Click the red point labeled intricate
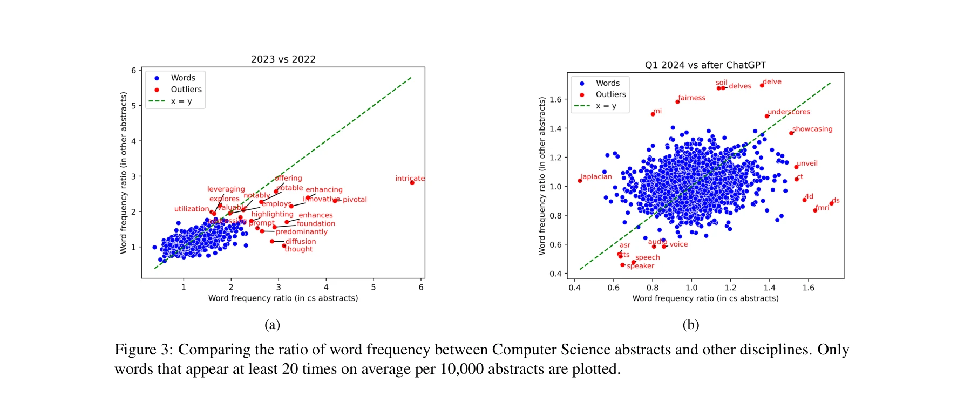pos(412,182)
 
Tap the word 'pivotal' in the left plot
pos(355,200)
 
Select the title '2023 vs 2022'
pos(283,59)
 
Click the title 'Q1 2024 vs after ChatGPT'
pos(705,65)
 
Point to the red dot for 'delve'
pos(762,85)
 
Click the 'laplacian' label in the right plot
pos(596,176)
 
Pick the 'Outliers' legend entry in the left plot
pos(186,90)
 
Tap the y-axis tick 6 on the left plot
pos(133,70)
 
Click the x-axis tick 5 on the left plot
pos(373,287)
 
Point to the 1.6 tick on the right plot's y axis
pos(555,99)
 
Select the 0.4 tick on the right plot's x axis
pos(574,288)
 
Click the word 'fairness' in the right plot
pos(691,98)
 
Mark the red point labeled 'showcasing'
pos(791,133)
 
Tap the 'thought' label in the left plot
pos(298,249)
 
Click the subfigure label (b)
pos(690,324)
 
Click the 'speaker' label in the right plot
pos(640,265)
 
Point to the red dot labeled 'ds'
pos(831,203)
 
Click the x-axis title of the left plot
pos(283,298)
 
